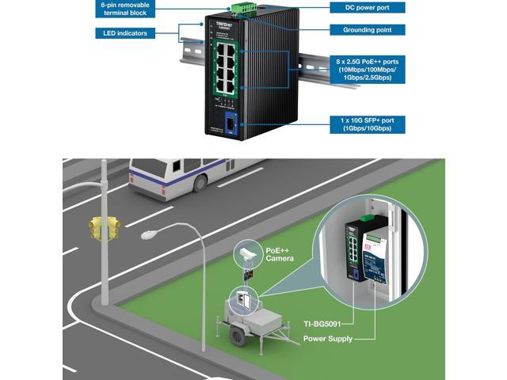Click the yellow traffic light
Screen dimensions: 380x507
point(104,228)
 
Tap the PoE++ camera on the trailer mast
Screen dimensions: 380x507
point(246,254)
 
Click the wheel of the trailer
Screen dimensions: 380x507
point(236,336)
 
